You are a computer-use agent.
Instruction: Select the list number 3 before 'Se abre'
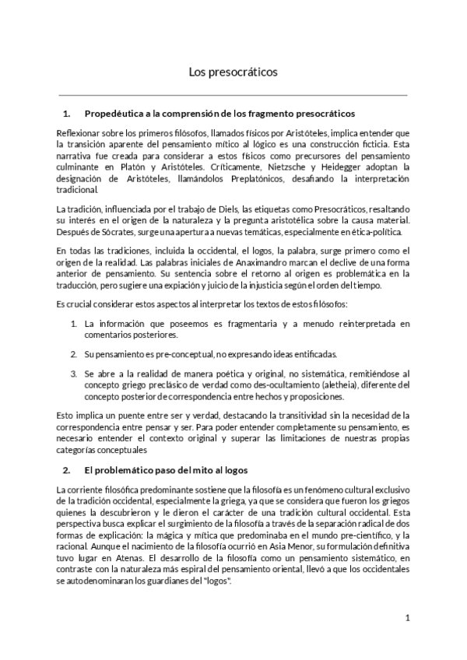[x=73, y=374]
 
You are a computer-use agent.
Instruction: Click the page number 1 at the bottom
[x=408, y=618]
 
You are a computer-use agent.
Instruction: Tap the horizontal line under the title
[x=233, y=95]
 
